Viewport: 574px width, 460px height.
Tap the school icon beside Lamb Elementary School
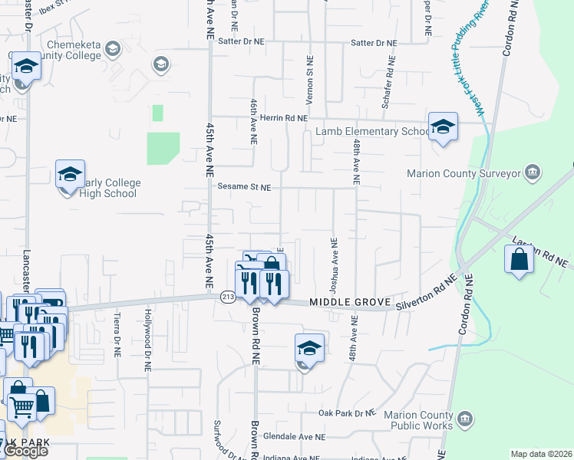point(443,127)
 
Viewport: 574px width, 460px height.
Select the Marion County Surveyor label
point(476,174)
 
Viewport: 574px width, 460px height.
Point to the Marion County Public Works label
point(423,420)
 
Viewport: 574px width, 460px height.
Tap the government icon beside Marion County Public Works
point(465,419)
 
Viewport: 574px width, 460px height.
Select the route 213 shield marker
point(227,297)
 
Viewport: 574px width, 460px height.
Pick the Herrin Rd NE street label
point(284,118)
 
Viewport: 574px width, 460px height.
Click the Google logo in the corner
point(26,451)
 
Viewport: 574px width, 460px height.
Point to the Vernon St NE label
point(310,80)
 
